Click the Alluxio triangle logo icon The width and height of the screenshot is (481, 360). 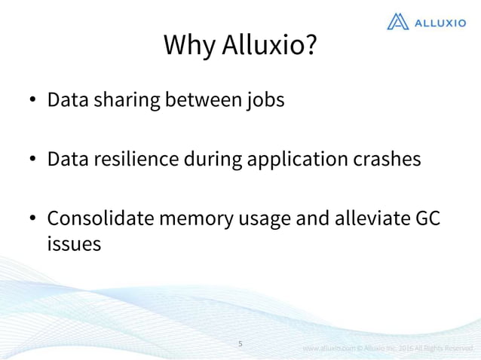click(x=398, y=22)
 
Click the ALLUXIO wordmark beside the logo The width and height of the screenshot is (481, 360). click(x=440, y=23)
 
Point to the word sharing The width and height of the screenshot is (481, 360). click(x=128, y=100)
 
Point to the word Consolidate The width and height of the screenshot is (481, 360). click(x=102, y=218)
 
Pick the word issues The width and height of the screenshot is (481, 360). click(x=74, y=244)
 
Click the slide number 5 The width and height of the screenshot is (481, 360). click(x=240, y=343)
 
